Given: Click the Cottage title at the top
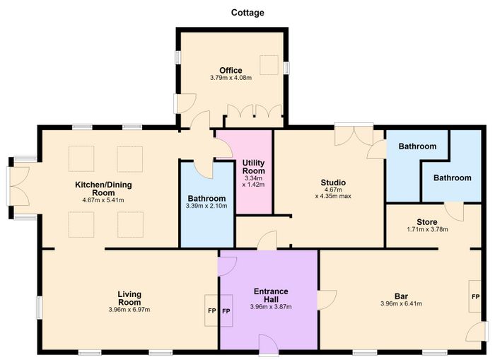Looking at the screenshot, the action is point(248,13).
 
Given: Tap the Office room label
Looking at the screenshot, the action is point(231,71).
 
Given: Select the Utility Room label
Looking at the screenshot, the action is point(253,167).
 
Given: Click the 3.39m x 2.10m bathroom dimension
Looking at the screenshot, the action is point(206,207).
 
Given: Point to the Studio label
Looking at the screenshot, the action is point(333,182).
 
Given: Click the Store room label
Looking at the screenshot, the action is point(427,222).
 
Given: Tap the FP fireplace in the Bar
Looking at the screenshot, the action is point(475,296).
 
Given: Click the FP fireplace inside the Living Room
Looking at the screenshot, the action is point(211,310).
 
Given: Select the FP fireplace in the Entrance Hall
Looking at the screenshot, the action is point(226,311).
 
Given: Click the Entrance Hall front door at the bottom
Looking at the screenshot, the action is point(268,345).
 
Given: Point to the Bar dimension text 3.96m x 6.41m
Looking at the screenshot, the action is point(401,304).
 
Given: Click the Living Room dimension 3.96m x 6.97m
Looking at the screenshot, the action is point(129,310).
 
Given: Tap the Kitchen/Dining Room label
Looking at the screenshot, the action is point(103,189).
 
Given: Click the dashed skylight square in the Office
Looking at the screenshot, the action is point(269,65).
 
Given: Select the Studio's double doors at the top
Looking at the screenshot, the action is point(354,134).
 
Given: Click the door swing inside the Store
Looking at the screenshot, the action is point(454,211).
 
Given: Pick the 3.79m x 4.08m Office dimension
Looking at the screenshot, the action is point(231,78).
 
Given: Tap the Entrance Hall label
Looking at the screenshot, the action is point(271,295).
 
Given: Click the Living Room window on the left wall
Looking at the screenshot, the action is point(39,307).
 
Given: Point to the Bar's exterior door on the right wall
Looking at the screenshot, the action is point(477,332).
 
